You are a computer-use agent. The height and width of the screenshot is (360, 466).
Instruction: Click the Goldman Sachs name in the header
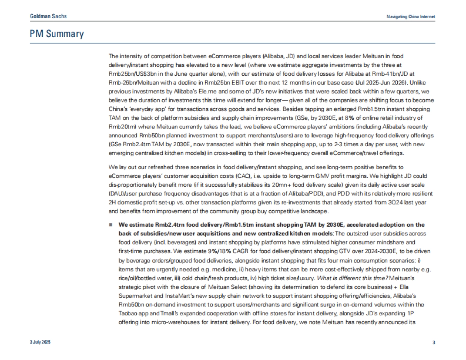pos(48,16)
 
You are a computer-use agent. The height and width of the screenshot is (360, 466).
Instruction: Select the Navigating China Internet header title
pos(411,17)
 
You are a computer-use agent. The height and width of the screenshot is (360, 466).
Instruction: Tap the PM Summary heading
pos(57,34)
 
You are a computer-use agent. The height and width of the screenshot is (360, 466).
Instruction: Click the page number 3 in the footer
pos(434,342)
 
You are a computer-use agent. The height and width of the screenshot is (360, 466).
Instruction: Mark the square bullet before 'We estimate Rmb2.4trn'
pos(111,225)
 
